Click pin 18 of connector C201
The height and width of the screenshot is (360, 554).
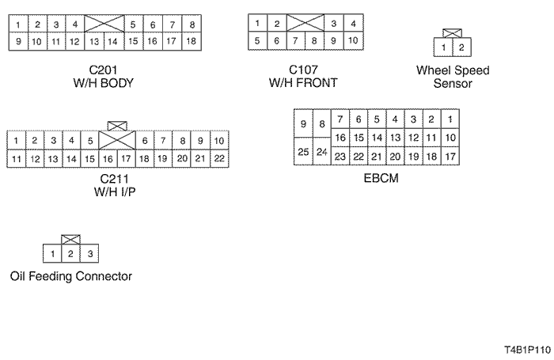point(192,40)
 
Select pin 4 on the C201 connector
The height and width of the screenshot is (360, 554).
point(74,25)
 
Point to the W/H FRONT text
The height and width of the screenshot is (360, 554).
point(304,82)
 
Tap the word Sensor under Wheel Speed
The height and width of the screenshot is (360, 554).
point(453,82)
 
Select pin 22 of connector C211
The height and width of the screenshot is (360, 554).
point(220,158)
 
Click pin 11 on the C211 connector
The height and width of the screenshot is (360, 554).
point(16,158)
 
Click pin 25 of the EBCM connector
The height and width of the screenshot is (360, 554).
point(302,151)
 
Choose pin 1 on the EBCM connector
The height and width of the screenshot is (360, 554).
point(450,119)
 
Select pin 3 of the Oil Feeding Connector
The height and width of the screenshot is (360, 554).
point(90,253)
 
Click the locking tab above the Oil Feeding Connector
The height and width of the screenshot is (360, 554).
point(70,239)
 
